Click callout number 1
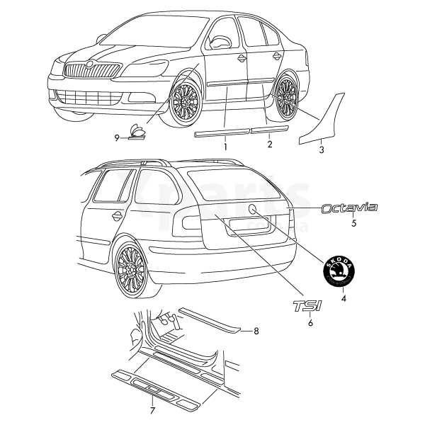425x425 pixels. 225,147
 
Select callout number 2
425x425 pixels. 269,144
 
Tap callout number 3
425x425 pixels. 321,150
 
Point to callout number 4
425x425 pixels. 344,298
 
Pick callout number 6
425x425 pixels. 309,323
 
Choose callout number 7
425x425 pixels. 152,410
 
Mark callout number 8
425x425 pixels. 256,331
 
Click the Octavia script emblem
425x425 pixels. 349,208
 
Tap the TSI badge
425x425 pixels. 307,306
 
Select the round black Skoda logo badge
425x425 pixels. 341,271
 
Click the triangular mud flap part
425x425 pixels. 324,120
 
